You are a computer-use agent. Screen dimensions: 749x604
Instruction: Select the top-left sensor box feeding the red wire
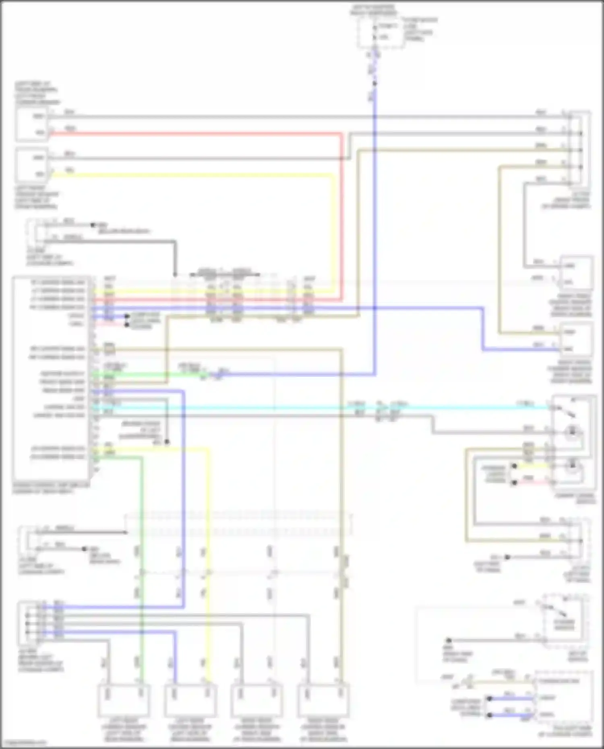(x=32, y=124)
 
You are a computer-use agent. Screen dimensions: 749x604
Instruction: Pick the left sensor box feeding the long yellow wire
(x=32, y=165)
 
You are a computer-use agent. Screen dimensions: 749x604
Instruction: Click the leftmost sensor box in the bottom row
(x=124, y=701)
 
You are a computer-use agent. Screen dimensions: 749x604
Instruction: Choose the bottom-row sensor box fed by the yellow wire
(x=191, y=701)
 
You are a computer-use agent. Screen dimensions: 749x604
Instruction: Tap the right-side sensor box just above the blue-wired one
(x=577, y=272)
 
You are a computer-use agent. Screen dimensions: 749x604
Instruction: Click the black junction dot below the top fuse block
(x=374, y=84)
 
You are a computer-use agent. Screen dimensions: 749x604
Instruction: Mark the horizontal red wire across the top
(x=193, y=133)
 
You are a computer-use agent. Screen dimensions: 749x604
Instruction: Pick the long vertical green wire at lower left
(x=141, y=563)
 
